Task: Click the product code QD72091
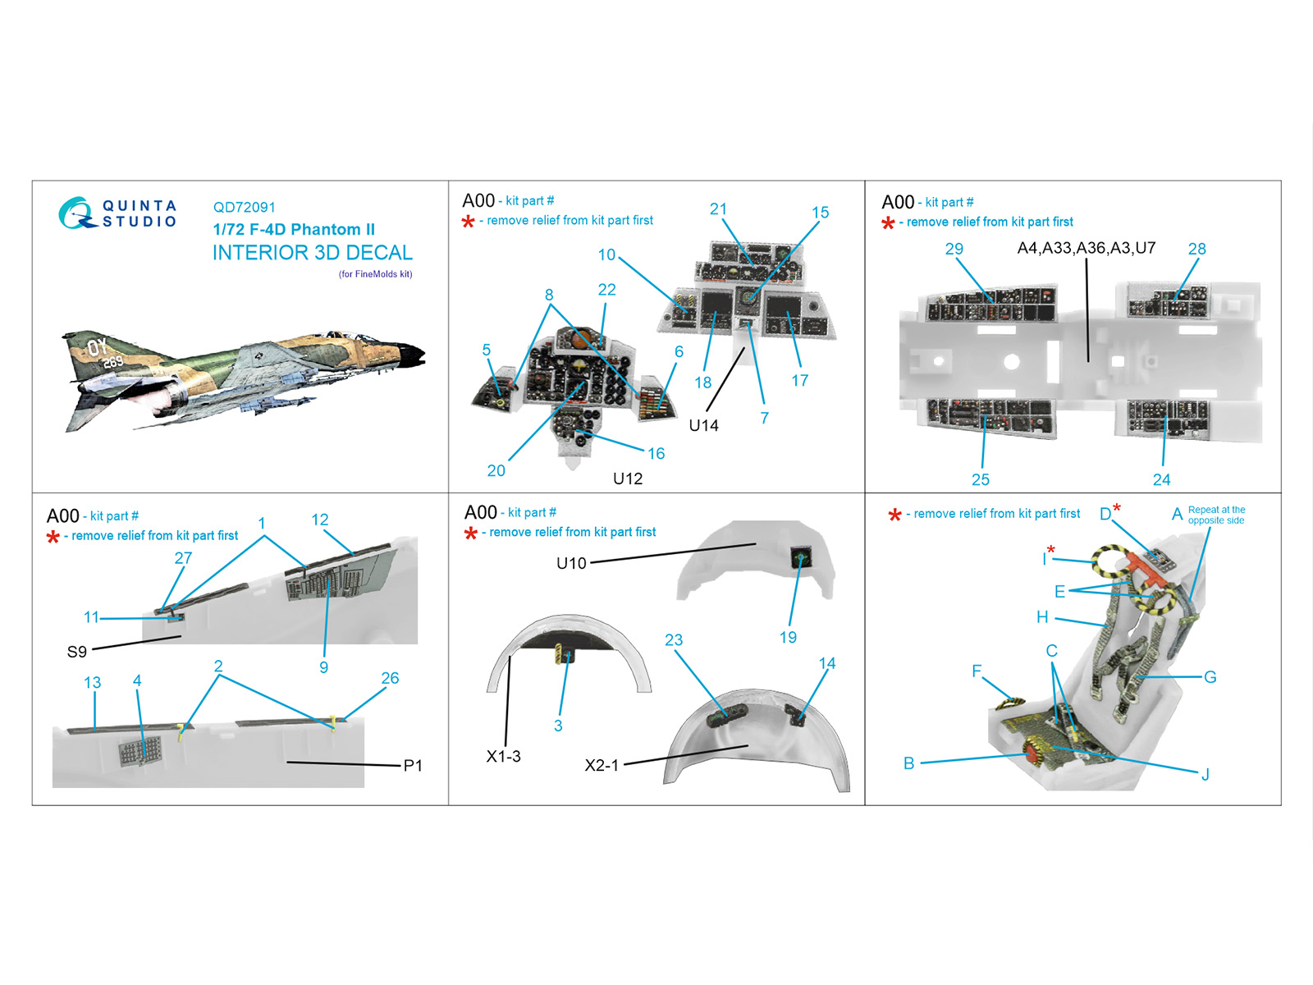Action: (x=244, y=207)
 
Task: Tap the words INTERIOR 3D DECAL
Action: (x=313, y=252)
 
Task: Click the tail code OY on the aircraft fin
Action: (x=97, y=346)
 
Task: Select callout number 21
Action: (x=718, y=208)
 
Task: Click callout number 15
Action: (x=820, y=213)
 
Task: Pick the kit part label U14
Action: (x=703, y=425)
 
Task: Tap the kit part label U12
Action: (x=628, y=479)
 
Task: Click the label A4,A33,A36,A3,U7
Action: (x=1087, y=248)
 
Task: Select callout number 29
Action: (x=954, y=249)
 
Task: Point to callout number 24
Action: (x=1162, y=479)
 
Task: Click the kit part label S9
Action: (x=76, y=651)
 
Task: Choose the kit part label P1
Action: (x=413, y=766)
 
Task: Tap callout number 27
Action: (x=183, y=558)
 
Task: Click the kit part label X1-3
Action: (x=503, y=757)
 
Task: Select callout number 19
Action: (x=788, y=637)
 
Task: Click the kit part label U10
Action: (x=571, y=563)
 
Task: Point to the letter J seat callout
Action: (x=1205, y=775)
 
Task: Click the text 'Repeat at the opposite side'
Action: (x=1216, y=515)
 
